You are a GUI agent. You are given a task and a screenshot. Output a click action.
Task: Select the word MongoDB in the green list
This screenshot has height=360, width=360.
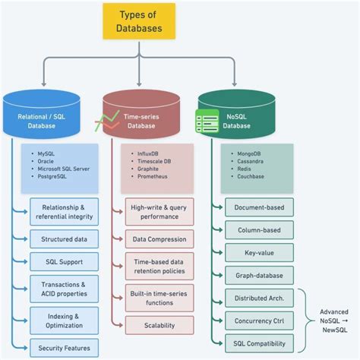(253, 154)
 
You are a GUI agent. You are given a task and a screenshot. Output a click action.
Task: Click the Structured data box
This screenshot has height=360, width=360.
(64, 238)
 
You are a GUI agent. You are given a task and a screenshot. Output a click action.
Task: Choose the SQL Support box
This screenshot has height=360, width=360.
(64, 262)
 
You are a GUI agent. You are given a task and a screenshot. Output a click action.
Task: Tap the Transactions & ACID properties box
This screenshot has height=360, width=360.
(64, 289)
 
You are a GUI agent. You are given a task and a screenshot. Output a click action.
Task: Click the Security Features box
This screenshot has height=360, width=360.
(64, 349)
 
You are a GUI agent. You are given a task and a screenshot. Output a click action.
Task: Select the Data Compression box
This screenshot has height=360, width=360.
(159, 239)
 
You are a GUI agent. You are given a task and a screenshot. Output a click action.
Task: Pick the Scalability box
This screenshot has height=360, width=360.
(159, 325)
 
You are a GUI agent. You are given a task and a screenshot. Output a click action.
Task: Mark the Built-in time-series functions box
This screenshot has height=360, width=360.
(159, 297)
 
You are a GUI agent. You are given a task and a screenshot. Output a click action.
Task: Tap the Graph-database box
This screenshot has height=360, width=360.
(259, 276)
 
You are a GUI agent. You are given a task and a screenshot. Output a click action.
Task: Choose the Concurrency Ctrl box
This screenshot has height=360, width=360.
(259, 321)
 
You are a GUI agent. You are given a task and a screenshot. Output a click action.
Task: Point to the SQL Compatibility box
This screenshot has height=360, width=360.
(259, 343)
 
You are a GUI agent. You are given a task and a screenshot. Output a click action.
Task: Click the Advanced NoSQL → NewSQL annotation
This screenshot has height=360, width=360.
(333, 321)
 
